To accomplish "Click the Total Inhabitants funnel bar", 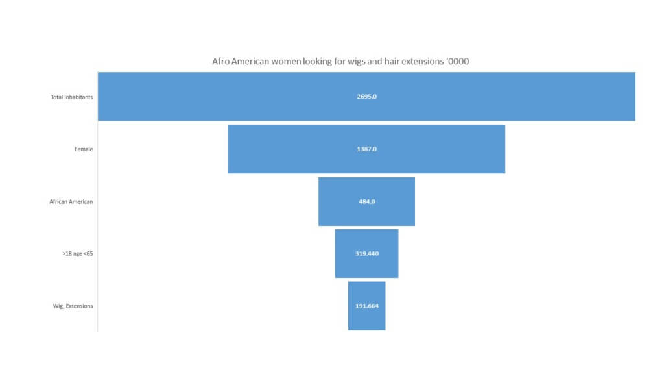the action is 366,97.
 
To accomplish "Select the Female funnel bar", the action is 366,149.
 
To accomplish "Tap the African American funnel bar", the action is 366,201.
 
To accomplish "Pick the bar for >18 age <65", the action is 366,254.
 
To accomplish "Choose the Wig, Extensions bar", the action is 366,306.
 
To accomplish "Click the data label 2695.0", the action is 367,97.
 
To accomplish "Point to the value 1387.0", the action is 367,149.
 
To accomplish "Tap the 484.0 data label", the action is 367,201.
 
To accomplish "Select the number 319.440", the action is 367,254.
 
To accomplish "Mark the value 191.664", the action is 367,306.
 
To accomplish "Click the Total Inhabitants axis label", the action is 71,97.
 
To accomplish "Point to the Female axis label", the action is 84,149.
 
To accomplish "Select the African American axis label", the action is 71,201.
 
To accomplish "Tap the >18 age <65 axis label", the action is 78,254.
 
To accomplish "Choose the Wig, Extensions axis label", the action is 73,306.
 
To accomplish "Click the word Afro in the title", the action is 220,62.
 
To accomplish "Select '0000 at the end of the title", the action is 457,62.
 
